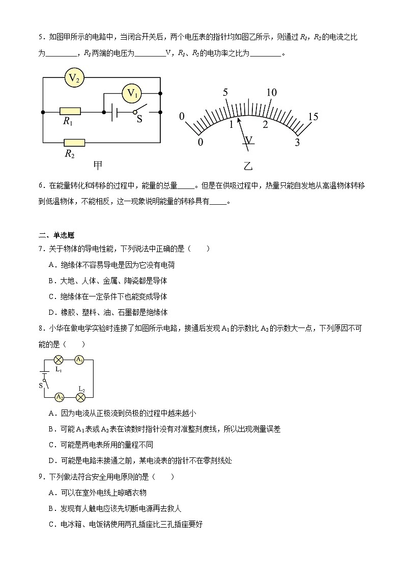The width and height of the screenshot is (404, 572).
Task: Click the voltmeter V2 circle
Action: pos(74,78)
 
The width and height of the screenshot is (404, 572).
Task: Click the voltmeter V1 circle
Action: pos(132,93)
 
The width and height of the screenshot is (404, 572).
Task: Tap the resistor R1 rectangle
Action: pos(70,111)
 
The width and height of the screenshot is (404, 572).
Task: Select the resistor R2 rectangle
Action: pos(74,143)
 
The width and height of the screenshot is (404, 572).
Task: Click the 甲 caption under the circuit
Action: pos(98,165)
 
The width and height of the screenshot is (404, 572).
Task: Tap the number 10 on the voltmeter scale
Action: pos(271,92)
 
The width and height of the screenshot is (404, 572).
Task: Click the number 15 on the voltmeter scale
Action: pos(313,117)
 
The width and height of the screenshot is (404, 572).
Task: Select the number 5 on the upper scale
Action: pos(225,92)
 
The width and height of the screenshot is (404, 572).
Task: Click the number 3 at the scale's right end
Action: pos(298,143)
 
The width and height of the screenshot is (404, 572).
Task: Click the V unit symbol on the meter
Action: pos(249,140)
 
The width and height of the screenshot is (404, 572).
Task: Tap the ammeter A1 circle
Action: pos(79,360)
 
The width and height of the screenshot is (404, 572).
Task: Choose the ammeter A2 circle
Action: pos(60,397)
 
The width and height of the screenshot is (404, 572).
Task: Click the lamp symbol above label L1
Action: pos(58,360)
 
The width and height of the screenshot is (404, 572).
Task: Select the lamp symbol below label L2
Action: pos(80,397)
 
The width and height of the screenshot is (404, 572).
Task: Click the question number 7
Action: pos(41,249)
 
